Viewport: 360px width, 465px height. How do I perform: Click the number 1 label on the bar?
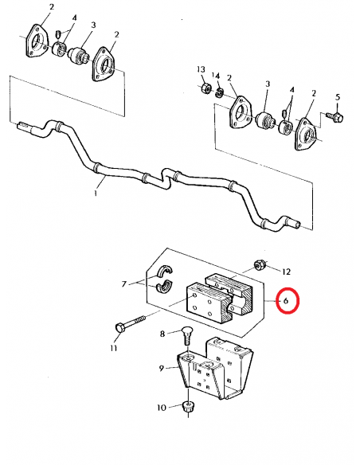tap(96, 193)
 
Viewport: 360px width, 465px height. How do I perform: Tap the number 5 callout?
tap(337, 97)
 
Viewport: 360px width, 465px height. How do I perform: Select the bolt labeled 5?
tap(334, 117)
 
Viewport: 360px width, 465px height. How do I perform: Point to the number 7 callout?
tap(124, 283)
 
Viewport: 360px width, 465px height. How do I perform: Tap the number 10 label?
tap(161, 408)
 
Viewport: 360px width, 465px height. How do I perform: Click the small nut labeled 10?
tap(188, 408)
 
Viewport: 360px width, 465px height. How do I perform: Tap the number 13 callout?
tap(202, 70)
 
